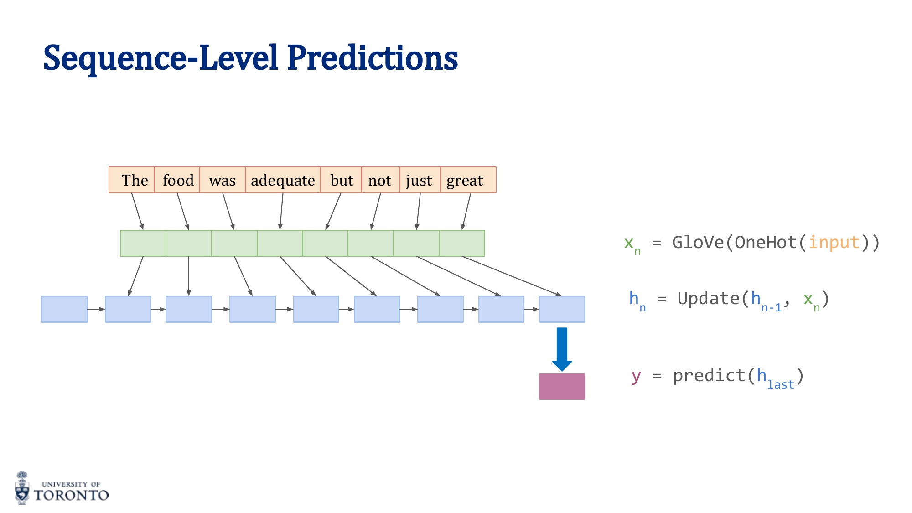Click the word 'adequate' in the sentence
[283, 181]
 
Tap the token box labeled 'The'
[132, 180]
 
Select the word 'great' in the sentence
[465, 181]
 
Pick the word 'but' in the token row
[342, 180]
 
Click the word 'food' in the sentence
[178, 180]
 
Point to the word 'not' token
[380, 180]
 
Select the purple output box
[562, 387]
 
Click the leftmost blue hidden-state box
[64, 309]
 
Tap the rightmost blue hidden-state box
[562, 309]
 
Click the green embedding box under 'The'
[143, 243]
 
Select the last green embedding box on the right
[462, 243]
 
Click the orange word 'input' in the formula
[834, 242]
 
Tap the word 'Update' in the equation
[708, 299]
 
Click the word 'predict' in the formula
[709, 376]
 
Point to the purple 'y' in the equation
[636, 376]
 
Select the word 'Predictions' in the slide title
[373, 58]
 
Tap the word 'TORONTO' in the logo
[71, 495]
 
